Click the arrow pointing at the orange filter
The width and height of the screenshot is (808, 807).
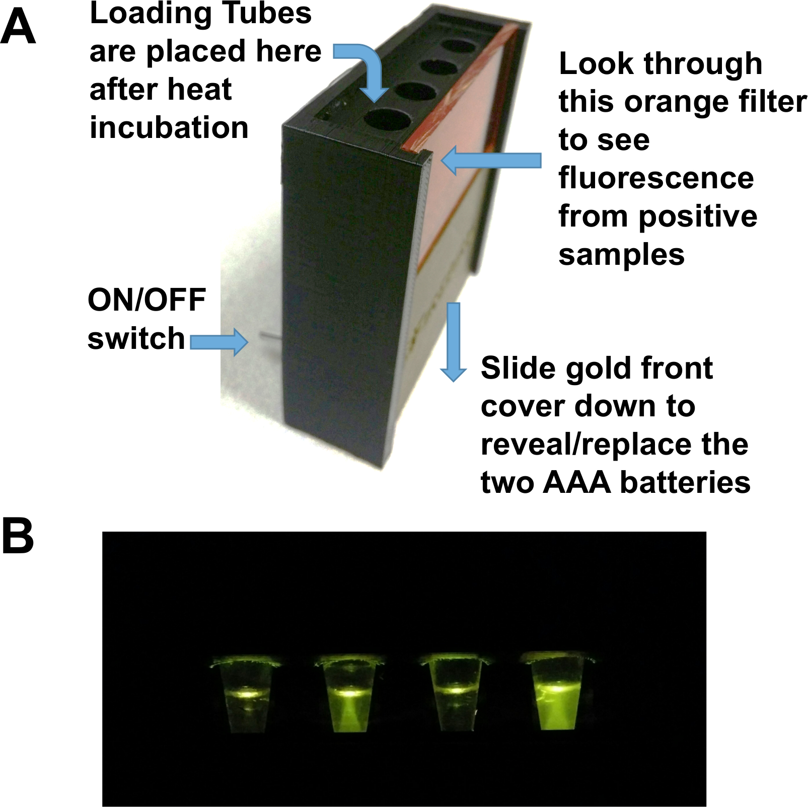(491, 161)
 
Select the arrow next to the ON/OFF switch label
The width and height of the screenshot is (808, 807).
(219, 342)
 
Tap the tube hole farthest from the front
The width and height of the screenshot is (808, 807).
(459, 47)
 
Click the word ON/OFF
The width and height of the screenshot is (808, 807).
(146, 300)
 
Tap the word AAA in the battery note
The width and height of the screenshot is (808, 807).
(577, 482)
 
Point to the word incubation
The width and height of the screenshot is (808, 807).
(169, 127)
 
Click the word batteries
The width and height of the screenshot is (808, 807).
(685, 482)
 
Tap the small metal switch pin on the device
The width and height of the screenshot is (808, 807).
(270, 336)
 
